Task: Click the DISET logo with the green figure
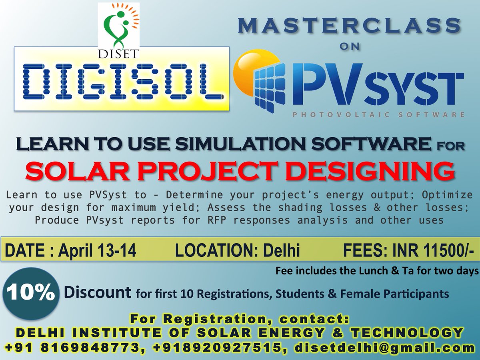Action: tap(118, 25)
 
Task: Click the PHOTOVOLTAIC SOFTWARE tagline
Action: tap(378, 115)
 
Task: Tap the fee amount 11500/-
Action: tap(445, 251)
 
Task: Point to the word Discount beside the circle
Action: tap(97, 292)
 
